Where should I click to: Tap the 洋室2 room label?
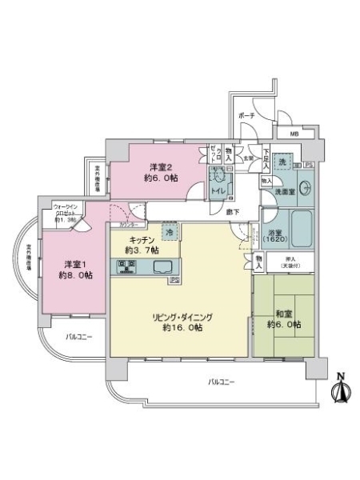coord(159,171)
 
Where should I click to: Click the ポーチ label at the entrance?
coord(247,115)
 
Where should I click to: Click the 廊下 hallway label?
coord(232,211)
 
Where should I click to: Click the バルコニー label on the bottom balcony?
coord(221,382)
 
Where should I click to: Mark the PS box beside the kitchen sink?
coord(174,281)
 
